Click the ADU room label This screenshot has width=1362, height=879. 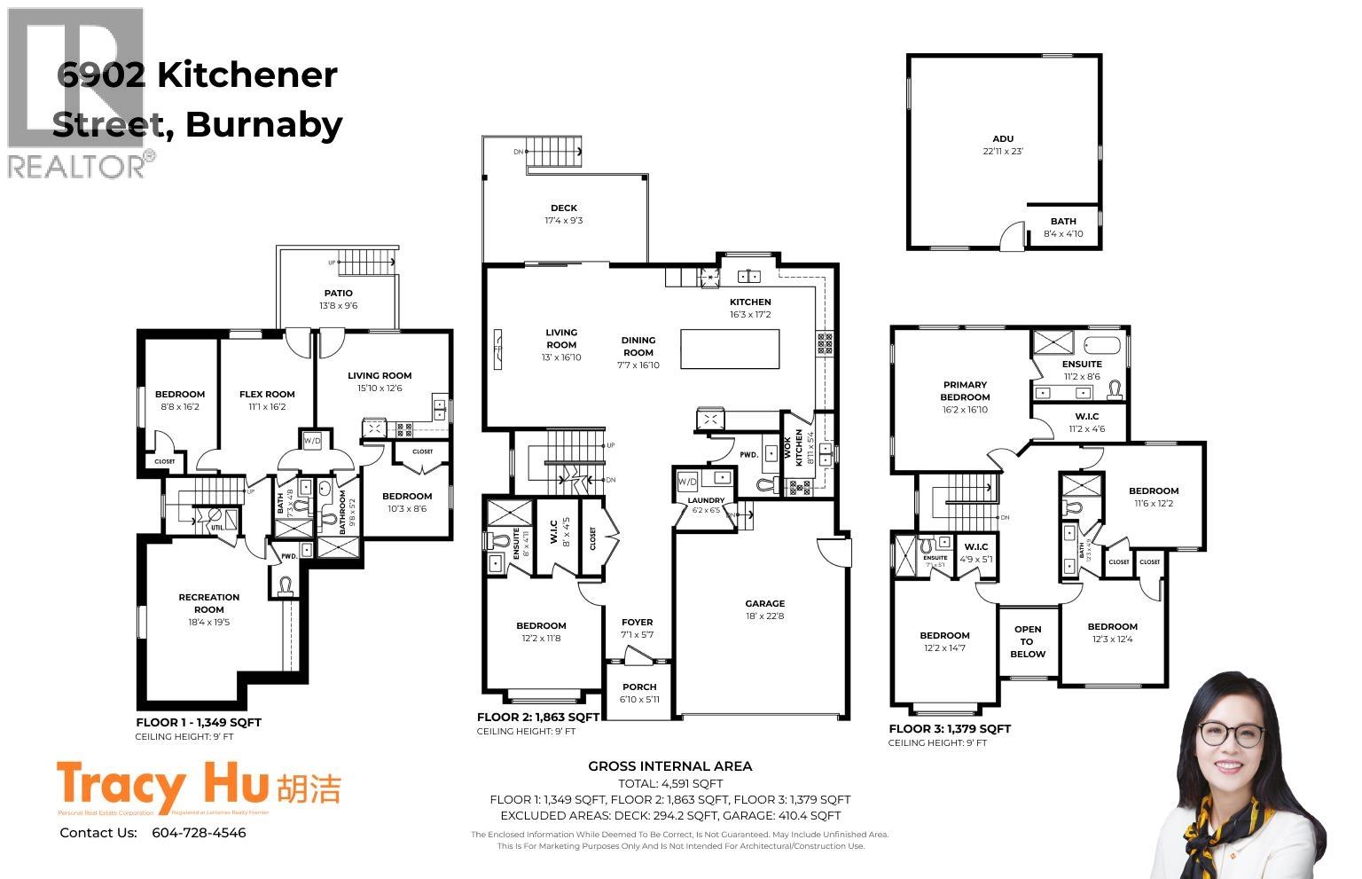[1002, 139]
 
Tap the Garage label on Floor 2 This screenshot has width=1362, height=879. [764, 604]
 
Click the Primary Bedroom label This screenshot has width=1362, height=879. [965, 391]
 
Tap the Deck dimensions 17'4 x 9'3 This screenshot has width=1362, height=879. [563, 221]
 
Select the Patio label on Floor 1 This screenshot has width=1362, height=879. [338, 294]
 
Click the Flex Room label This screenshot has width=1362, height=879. [267, 395]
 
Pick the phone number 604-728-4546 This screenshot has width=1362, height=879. [199, 833]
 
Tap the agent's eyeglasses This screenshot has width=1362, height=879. [1231, 734]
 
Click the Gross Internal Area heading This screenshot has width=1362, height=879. [669, 766]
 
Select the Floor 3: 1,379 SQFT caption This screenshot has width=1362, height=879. [949, 729]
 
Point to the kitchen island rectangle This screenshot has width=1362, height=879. [730, 349]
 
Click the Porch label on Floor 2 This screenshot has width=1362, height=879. [639, 687]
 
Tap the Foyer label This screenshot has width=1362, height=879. [637, 623]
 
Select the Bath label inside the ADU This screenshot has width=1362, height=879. [1063, 222]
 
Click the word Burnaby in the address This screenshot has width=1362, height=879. [264, 124]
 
